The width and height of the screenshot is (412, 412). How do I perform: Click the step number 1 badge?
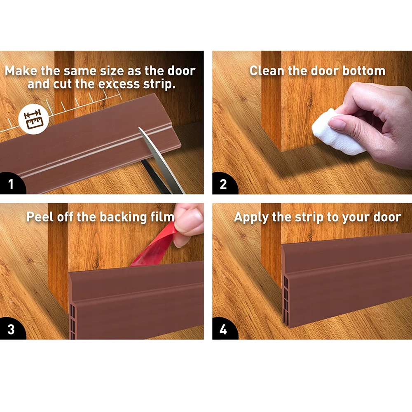click(x=11, y=184)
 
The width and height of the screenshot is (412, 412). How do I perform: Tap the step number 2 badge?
click(x=223, y=184)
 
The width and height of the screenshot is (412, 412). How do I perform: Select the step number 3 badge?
click(x=11, y=329)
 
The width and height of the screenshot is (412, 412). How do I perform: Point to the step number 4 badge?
click(x=223, y=329)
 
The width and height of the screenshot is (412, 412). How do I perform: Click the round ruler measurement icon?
click(x=33, y=119)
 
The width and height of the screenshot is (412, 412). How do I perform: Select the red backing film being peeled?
click(x=155, y=246)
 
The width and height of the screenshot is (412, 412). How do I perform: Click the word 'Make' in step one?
click(x=21, y=71)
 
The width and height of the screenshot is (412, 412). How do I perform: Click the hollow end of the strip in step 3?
click(x=72, y=321)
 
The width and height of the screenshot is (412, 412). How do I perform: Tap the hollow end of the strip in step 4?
click(x=286, y=300)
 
